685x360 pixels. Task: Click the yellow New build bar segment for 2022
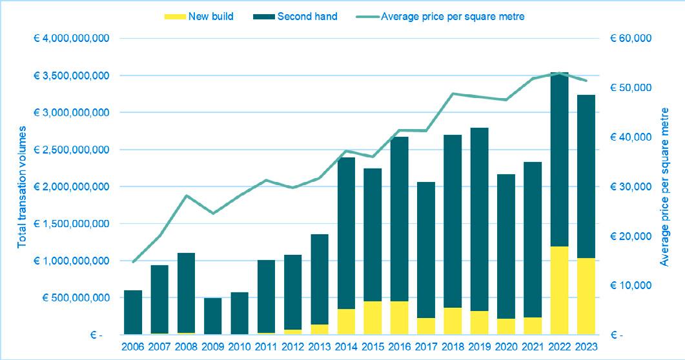(560, 290)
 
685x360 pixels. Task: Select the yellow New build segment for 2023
(586, 296)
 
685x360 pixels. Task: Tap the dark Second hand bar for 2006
(133, 312)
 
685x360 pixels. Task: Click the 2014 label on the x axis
(347, 346)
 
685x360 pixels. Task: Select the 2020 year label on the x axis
(506, 346)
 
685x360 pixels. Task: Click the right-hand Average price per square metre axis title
(664, 187)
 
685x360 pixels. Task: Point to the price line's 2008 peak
(187, 195)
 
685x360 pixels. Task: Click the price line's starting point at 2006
(133, 262)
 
